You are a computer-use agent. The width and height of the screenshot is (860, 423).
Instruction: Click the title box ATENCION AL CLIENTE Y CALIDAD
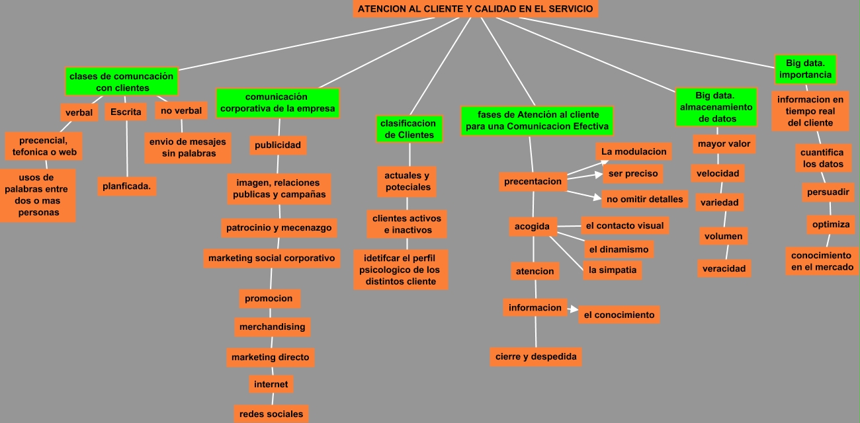[475, 9]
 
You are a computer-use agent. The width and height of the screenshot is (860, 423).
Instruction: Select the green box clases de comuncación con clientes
[122, 82]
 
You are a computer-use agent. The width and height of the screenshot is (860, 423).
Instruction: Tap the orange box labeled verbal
[79, 112]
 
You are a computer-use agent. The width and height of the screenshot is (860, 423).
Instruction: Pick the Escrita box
[126, 112]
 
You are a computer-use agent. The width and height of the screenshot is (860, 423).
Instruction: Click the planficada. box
[126, 186]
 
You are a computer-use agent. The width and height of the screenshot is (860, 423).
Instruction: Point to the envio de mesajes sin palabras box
[188, 147]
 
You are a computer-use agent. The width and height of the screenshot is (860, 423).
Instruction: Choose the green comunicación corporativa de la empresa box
[277, 103]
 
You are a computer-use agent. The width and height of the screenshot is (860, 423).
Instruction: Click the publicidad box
[278, 145]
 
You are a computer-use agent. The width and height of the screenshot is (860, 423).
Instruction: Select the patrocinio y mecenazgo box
[279, 228]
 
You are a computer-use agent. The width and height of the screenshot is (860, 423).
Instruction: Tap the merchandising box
[273, 327]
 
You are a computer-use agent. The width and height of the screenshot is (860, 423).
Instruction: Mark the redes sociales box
[271, 414]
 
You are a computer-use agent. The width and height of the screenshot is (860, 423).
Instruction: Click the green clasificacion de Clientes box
[409, 129]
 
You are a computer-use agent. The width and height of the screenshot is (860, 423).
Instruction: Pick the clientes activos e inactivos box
[407, 224]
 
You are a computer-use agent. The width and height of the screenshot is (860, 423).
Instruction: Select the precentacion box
[533, 181]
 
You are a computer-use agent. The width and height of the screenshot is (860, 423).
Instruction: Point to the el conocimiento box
[619, 315]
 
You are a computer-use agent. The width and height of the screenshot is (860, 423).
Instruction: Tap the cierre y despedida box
[536, 357]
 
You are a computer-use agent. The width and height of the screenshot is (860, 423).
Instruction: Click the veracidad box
[724, 268]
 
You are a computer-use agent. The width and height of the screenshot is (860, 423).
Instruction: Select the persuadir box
[828, 192]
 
